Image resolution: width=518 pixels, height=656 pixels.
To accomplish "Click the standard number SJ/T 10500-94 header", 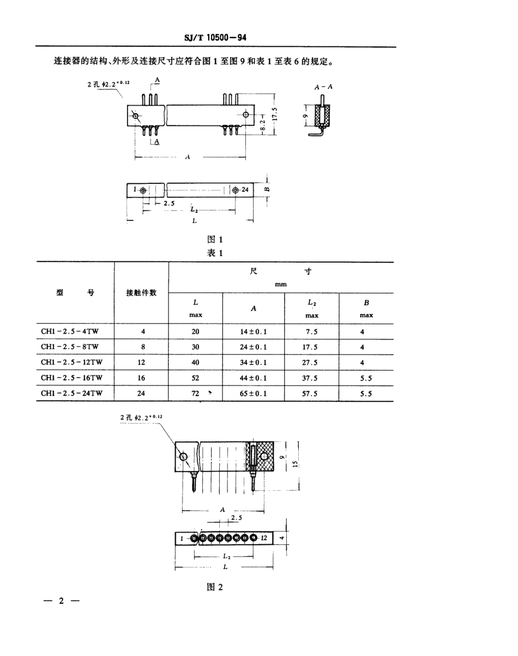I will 217,38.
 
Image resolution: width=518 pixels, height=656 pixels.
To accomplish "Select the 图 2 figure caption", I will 215,587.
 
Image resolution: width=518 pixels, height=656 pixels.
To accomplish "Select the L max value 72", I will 195,392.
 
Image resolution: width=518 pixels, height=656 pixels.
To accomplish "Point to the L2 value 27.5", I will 311,362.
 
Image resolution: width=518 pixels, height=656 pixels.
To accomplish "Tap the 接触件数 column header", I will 141,293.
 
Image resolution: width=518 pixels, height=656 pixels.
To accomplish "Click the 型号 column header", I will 75,293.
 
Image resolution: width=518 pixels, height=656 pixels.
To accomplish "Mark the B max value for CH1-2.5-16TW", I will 365,377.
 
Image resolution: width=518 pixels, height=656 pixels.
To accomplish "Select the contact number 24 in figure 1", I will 245,190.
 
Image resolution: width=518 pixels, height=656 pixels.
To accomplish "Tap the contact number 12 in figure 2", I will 263,538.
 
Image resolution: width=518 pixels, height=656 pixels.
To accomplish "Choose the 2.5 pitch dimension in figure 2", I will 237,517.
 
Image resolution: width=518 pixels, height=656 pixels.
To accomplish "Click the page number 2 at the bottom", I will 61,601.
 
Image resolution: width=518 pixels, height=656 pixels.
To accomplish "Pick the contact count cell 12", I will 141,362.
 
